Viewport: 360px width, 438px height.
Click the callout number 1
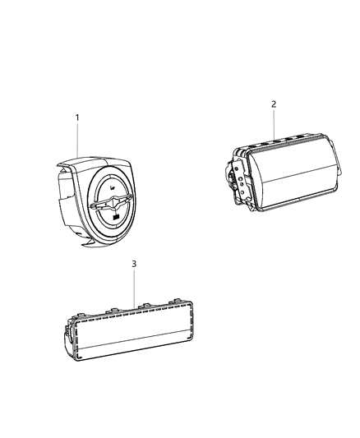[x=77, y=118]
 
